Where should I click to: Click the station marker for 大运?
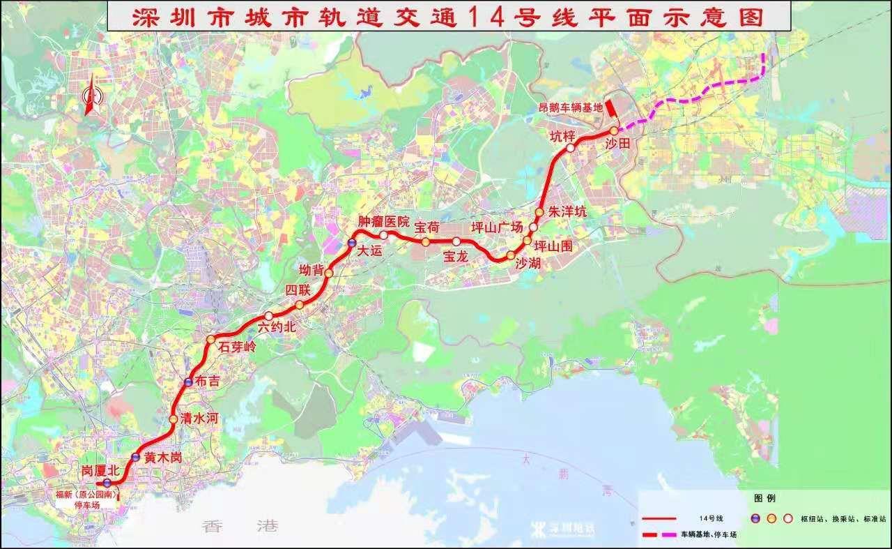(x=352, y=243)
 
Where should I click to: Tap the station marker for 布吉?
(x=189, y=382)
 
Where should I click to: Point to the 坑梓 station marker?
(x=570, y=148)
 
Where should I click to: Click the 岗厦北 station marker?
(x=107, y=483)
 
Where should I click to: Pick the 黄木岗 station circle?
(x=136, y=458)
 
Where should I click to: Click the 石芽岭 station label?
(x=238, y=347)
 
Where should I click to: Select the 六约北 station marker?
(x=268, y=316)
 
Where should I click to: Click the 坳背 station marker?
(x=328, y=273)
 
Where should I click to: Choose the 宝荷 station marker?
(x=424, y=242)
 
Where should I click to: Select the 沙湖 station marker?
(x=510, y=255)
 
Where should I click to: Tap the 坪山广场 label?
(x=496, y=227)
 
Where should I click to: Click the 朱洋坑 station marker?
(x=539, y=212)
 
